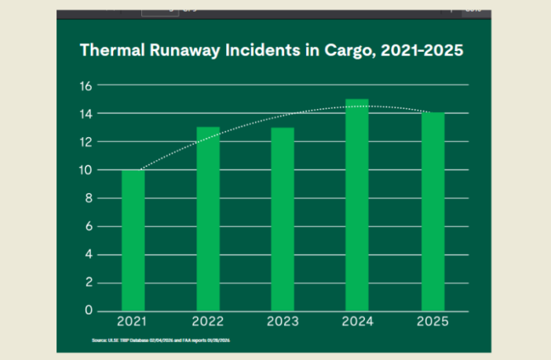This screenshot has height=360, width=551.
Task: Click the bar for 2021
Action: [133, 240]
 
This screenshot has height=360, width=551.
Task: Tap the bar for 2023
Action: [283, 219]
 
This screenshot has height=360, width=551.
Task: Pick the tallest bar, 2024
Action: [358, 205]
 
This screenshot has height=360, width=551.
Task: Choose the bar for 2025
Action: [432, 212]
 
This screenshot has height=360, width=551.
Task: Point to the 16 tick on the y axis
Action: [87, 85]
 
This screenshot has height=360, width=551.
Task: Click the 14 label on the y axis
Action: [87, 114]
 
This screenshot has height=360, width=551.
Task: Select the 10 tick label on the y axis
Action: [87, 170]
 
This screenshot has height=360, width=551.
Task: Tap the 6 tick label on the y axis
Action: [89, 227]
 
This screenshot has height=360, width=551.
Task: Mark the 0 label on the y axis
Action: [89, 311]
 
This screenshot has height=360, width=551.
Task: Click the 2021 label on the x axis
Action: [133, 322]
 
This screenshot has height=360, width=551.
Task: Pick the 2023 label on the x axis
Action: [283, 322]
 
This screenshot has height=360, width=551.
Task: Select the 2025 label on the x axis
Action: [432, 322]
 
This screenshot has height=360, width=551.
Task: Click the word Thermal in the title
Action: [109, 50]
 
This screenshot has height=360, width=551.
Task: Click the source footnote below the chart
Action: [161, 340]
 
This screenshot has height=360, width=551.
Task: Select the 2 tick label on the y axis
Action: [89, 282]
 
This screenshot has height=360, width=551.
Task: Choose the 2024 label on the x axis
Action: [358, 322]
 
